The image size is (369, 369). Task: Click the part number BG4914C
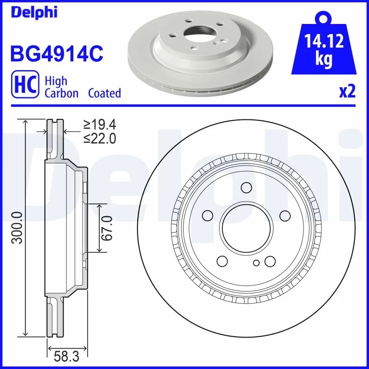click(x=56, y=54)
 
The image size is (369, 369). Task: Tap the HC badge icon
click(x=25, y=86)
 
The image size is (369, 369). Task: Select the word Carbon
click(x=62, y=93)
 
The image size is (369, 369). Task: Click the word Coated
click(x=105, y=93)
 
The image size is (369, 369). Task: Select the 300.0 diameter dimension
click(x=17, y=227)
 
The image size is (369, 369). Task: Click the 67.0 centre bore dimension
click(x=107, y=228)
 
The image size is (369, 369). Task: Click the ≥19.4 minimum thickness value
click(x=99, y=124)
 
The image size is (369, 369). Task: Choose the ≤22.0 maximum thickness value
click(x=99, y=137)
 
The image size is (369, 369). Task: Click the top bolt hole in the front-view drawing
click(x=246, y=187)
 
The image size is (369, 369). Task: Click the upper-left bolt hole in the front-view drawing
click(x=208, y=215)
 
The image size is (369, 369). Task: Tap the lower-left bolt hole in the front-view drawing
click(x=222, y=261)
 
